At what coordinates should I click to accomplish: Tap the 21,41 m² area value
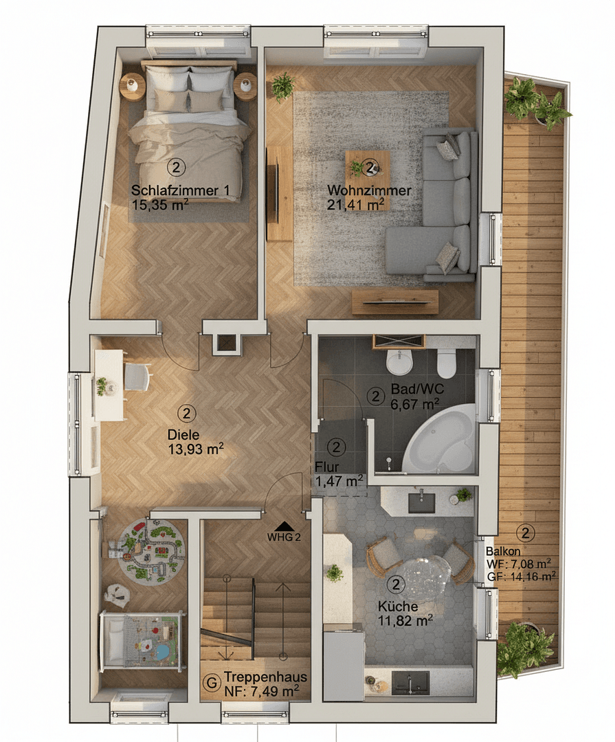[356, 203]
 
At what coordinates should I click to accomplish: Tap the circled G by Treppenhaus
[213, 684]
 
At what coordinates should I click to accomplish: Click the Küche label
[397, 607]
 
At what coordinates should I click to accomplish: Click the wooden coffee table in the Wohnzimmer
[367, 168]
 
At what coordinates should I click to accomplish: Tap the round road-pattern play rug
[150, 549]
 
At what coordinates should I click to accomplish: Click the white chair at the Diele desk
[137, 376]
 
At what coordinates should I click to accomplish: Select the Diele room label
[183, 434]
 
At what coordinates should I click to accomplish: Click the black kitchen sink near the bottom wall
[410, 682]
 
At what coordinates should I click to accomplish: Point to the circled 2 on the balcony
[526, 532]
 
